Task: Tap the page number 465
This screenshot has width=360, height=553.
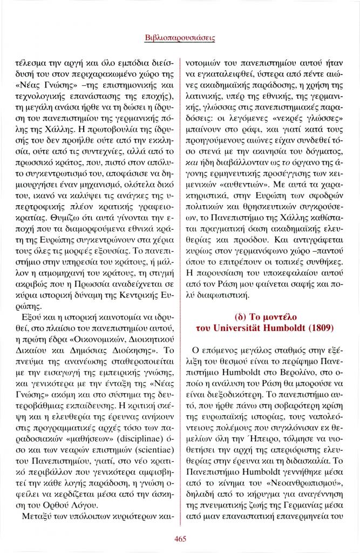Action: (180, 537)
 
